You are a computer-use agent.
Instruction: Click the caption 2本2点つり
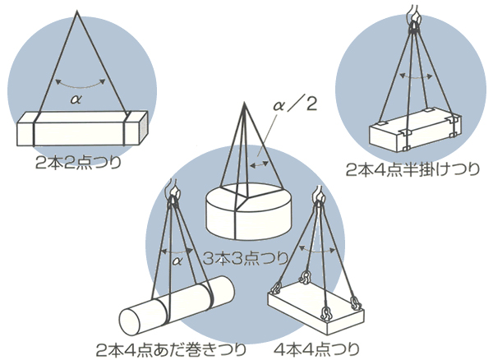point(79,164)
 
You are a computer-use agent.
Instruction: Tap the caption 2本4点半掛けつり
point(413,170)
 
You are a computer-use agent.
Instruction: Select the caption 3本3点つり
point(246,258)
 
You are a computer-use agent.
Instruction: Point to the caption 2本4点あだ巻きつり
point(171,350)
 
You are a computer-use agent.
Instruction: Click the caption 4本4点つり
point(316,349)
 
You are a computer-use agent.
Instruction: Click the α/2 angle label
point(295,105)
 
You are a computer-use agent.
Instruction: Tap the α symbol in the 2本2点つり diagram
point(76,99)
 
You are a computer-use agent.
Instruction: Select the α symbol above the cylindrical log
point(177,261)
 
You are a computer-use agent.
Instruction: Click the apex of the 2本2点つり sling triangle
point(76,11)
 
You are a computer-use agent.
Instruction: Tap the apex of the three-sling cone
point(244,103)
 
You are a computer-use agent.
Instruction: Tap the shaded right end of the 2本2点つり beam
point(142,128)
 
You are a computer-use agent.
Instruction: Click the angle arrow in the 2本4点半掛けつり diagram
point(415,76)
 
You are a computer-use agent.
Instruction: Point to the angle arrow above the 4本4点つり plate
point(317,251)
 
